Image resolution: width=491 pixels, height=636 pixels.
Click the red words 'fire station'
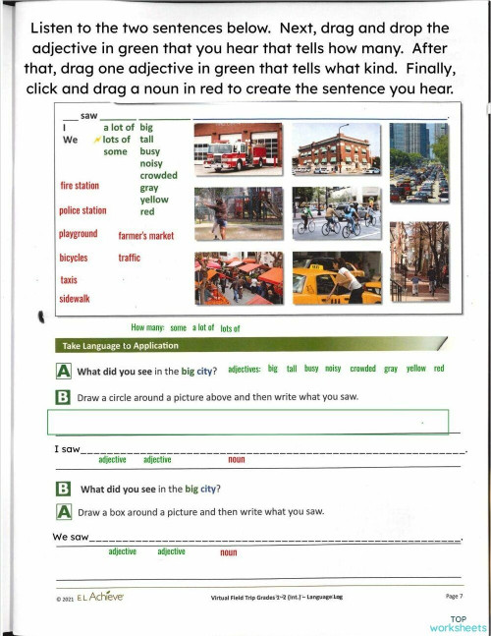point(80,185)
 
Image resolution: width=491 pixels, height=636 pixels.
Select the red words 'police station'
point(82,209)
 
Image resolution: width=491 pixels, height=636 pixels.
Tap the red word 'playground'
point(79,234)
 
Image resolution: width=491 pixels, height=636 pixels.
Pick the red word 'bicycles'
point(74,258)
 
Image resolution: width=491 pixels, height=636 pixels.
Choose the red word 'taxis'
point(68,280)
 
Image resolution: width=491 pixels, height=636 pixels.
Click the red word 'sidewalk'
point(75,299)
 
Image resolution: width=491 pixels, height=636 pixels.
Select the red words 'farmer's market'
point(145,236)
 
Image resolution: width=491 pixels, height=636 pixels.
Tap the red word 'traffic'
point(130,258)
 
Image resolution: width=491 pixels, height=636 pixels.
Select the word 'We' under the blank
point(70,140)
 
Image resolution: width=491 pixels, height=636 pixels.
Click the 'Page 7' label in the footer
point(453,597)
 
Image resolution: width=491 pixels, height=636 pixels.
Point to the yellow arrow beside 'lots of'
point(96,141)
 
